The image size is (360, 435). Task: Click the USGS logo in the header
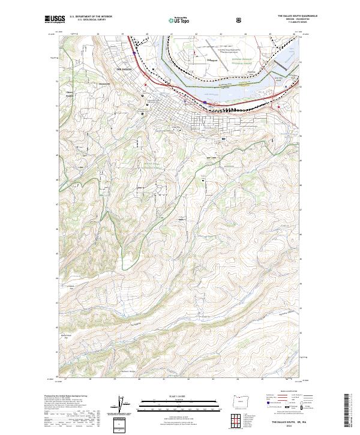55,19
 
